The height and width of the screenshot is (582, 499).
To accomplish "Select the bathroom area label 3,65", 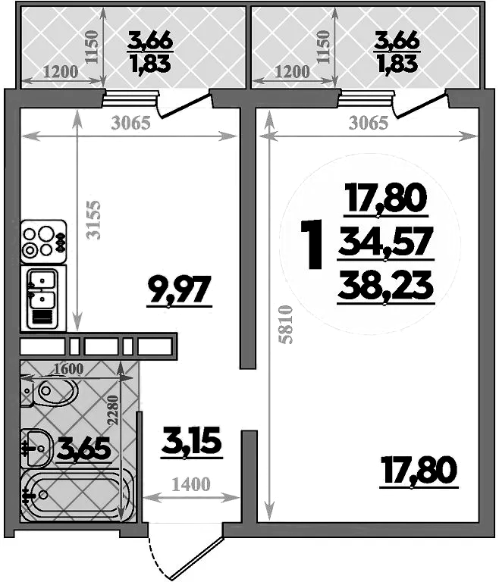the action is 83,449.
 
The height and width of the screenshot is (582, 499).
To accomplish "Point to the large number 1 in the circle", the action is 313,244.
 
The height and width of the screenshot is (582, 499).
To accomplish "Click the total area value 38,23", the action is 386,286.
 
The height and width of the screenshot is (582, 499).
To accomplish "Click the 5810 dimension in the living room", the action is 287,325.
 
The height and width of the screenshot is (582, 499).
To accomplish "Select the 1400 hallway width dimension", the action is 191,484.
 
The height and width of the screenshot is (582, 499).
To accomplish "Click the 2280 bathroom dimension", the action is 113,410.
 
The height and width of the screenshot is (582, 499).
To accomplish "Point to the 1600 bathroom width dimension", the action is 69,368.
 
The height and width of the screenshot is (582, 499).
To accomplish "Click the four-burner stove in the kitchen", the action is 44,242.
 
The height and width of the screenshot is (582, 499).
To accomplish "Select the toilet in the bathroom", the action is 49,391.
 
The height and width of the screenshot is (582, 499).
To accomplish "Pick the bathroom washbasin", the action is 36,449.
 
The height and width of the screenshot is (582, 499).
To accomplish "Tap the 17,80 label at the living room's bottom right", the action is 419,471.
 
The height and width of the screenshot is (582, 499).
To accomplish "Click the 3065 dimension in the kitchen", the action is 131,124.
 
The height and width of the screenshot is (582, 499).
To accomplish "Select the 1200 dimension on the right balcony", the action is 293,72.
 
